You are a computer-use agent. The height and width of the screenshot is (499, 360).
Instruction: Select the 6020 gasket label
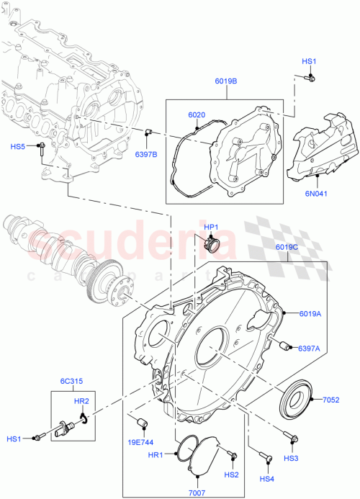197,114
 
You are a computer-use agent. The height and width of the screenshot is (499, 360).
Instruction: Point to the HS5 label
17,147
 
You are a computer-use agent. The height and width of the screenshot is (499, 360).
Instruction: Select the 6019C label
287,247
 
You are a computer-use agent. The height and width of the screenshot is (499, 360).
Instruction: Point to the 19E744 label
140,441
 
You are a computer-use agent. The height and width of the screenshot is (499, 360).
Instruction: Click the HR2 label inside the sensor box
81,400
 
